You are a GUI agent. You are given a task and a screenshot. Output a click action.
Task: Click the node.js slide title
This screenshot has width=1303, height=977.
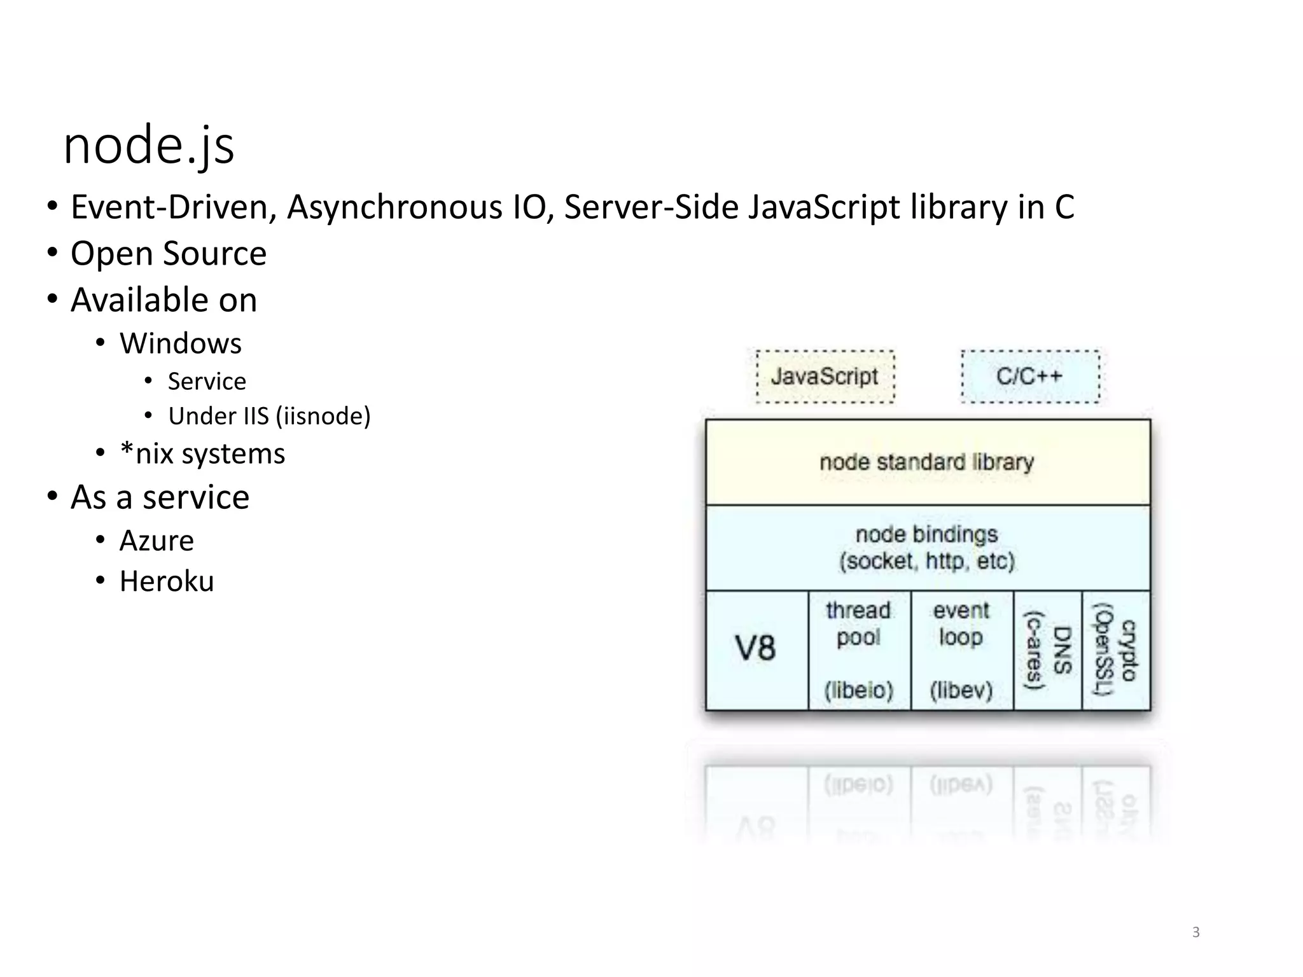coord(149,146)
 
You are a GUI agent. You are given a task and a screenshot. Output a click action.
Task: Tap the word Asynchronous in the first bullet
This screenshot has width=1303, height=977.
coord(394,207)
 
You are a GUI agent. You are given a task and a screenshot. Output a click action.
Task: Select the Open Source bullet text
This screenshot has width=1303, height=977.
coord(168,253)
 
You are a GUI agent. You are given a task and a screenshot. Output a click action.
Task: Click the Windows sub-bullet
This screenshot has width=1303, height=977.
coord(181,343)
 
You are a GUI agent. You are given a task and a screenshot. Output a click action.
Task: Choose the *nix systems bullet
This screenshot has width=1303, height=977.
coord(202,454)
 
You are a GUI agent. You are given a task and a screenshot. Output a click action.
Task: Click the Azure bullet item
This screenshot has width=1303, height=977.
coord(157,541)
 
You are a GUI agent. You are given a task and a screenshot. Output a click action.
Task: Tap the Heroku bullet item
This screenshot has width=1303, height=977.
coord(167,581)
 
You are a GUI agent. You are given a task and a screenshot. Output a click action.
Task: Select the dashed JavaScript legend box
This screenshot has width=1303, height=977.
coord(825,377)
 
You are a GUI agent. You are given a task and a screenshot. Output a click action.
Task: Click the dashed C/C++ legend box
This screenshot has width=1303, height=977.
coord(1030,377)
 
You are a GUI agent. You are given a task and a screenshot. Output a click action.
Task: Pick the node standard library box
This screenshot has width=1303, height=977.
coord(927,462)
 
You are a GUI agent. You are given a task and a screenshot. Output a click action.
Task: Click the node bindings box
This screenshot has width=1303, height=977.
coord(927,548)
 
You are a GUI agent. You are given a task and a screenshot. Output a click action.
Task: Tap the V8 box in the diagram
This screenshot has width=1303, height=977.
coord(756,649)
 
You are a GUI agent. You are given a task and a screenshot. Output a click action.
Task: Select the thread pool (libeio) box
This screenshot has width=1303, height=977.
coord(859,649)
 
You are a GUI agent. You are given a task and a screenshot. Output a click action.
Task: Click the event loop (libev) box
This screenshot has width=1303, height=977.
coord(961,649)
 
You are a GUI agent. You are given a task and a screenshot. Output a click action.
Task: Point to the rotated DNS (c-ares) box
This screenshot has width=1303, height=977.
coord(1047,649)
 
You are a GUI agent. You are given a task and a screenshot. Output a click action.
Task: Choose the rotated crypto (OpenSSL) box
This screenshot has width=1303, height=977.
coord(1116,649)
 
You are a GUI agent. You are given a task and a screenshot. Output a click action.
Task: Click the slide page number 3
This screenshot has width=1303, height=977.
coord(1195,932)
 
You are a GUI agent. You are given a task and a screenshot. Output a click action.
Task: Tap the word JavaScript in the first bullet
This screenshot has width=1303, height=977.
coord(824,207)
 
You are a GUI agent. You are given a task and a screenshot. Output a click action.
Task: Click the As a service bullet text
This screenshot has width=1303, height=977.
coord(160,497)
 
